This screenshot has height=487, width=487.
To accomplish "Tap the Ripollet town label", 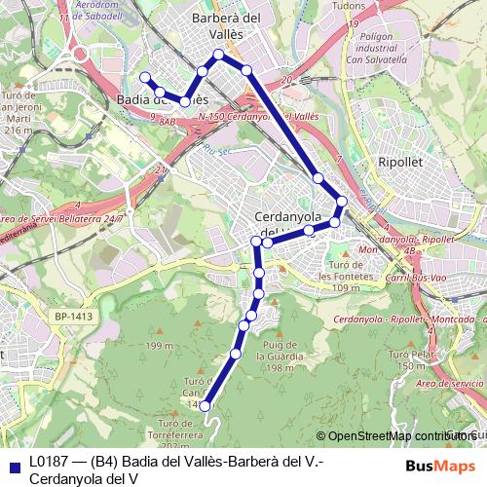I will point(401,165).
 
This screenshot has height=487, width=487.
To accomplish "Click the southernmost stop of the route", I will point(205,407).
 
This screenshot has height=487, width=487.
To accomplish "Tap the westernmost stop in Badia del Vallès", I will point(145,77).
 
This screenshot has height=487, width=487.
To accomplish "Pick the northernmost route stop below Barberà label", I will point(218,55).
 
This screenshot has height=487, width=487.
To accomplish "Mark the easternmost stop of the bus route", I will point(341,202).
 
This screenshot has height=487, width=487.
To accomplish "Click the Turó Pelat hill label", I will point(408,359).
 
